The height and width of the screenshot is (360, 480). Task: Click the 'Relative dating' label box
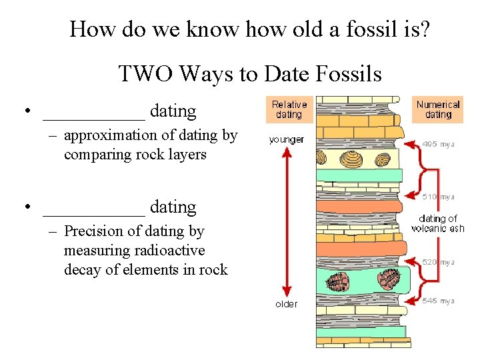pyautogui.click(x=289, y=109)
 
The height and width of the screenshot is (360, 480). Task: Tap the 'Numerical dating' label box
pyautogui.click(x=438, y=109)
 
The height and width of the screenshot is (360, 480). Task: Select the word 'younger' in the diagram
pyautogui.click(x=287, y=139)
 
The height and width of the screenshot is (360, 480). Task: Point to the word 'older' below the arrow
pyautogui.click(x=287, y=304)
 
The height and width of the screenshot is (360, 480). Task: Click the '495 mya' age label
pyautogui.click(x=439, y=144)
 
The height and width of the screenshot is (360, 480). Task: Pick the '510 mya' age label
pyautogui.click(x=439, y=197)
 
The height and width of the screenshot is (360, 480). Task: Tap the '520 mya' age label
pyautogui.click(x=439, y=262)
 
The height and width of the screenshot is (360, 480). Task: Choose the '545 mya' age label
pyautogui.click(x=439, y=301)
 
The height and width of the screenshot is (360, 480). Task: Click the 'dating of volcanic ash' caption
pyautogui.click(x=438, y=223)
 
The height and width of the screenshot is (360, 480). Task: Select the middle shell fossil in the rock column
pyautogui.click(x=351, y=159)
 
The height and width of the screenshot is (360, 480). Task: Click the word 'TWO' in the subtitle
pyautogui.click(x=142, y=73)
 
